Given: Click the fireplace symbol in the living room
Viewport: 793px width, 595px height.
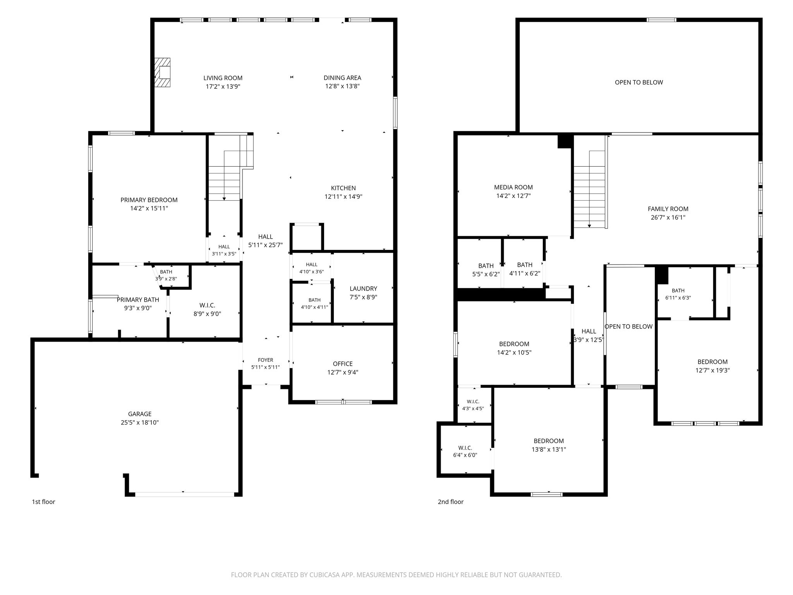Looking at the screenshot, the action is tap(163, 72).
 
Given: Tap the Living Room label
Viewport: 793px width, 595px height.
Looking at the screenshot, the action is tap(223, 78).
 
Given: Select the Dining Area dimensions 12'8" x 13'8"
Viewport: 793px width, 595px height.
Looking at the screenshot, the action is tap(342, 86).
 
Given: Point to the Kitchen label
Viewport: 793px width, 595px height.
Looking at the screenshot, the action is tap(343, 188).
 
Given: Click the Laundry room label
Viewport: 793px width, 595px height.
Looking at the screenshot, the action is tap(363, 289).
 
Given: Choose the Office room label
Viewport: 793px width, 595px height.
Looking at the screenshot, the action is tap(343, 364).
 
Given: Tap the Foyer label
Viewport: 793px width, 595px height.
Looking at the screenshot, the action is tap(266, 360).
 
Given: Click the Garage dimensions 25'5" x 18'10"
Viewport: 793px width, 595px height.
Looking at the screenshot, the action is tap(140, 422).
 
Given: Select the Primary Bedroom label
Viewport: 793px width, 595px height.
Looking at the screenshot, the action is tap(149, 200).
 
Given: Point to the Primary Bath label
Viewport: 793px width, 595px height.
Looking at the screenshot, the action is tap(138, 300).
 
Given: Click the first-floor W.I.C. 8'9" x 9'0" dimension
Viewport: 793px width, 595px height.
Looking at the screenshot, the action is tap(207, 314).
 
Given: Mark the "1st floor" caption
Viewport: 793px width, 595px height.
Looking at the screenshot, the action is tap(43, 502).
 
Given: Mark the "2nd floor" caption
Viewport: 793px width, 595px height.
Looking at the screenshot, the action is tap(451, 502).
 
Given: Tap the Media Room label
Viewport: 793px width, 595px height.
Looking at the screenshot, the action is tap(513, 187).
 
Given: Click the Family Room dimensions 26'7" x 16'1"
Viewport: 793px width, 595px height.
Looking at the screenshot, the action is tap(668, 217).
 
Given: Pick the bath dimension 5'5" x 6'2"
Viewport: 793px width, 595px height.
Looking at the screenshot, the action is tap(486, 274).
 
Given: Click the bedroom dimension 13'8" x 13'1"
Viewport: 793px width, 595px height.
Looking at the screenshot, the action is tap(549, 449).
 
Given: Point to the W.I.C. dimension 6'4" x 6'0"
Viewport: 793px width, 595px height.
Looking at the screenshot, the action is tap(465, 455).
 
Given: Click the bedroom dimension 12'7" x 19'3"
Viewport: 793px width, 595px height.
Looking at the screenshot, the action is tap(712, 370).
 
